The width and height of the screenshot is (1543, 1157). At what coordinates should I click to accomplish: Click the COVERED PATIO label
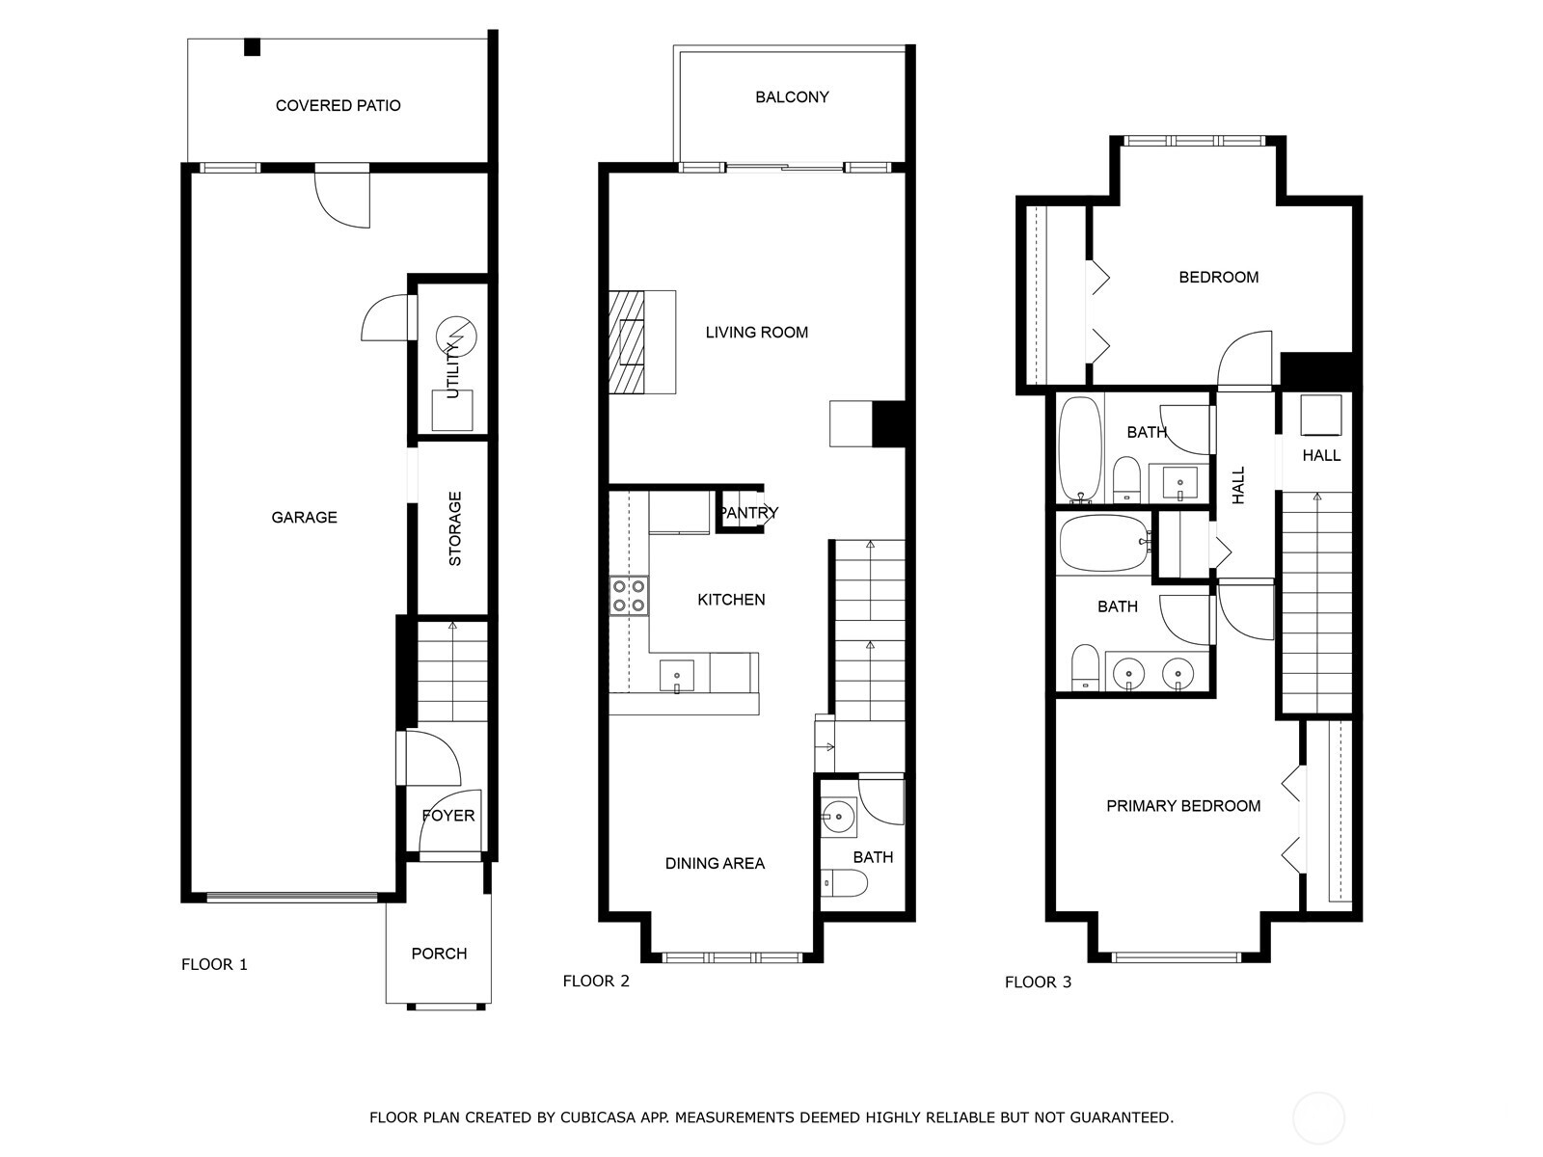(338, 105)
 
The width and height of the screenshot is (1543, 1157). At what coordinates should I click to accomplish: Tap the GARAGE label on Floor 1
(304, 518)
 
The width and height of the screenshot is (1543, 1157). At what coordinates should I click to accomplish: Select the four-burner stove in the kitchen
(629, 595)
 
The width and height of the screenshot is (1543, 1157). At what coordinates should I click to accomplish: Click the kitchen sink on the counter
(677, 676)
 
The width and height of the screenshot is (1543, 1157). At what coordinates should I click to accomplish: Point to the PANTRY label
(748, 513)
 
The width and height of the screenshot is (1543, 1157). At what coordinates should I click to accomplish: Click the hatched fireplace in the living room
(627, 342)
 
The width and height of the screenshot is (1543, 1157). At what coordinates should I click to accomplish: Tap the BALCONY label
(792, 96)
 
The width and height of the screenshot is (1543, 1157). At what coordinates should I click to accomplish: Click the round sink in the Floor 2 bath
(839, 817)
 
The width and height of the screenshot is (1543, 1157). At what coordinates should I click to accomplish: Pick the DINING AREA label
(715, 864)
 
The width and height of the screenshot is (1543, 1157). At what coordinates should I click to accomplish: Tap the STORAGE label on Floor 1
(455, 528)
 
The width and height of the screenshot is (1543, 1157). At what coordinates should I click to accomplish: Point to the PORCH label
(439, 954)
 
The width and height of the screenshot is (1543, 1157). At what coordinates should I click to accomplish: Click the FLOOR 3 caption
(1038, 982)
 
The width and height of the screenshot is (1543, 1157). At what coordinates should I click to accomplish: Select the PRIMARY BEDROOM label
(1183, 806)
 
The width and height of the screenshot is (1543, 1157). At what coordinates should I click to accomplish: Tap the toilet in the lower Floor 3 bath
(1085, 667)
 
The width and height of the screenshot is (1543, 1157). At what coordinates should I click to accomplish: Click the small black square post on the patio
(253, 46)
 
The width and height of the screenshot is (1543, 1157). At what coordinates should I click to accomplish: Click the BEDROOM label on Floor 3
(1218, 278)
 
